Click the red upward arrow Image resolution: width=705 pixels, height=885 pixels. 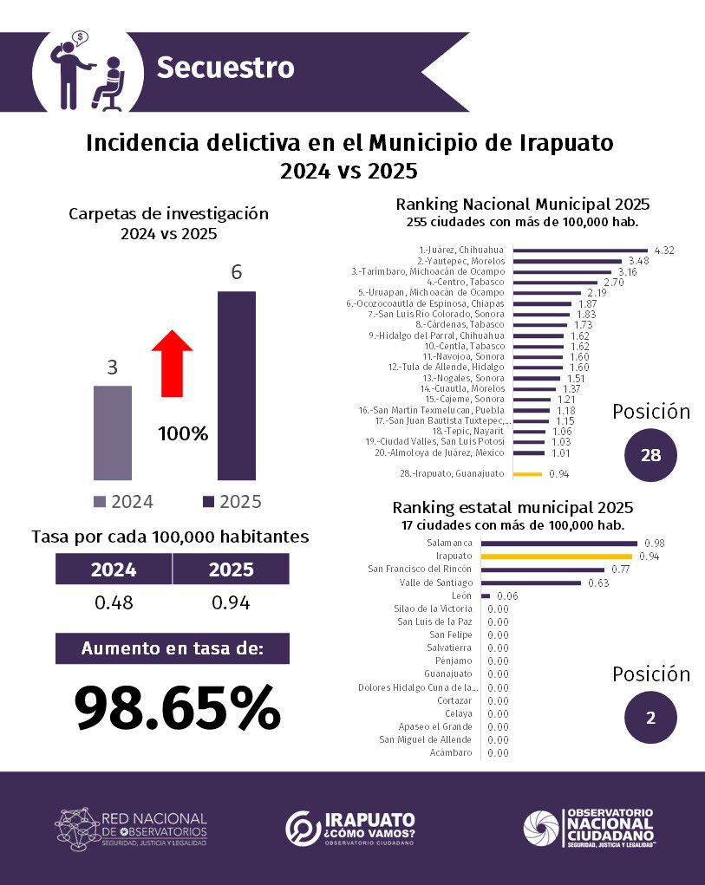click(x=172, y=362)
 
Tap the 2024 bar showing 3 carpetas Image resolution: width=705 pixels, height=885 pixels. click(x=112, y=432)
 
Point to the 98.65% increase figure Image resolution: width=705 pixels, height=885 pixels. click(x=178, y=707)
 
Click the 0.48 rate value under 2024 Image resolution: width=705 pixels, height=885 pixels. click(x=113, y=602)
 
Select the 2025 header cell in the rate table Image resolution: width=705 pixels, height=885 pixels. click(x=231, y=569)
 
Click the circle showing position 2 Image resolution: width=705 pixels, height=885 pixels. click(x=651, y=718)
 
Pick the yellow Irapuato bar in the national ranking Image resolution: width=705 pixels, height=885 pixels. click(x=527, y=474)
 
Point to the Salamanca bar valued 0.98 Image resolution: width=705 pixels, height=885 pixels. click(x=558, y=543)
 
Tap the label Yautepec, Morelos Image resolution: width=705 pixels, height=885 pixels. click(x=461, y=261)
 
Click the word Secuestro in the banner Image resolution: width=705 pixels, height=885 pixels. click(x=225, y=68)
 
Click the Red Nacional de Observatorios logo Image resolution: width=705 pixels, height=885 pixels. click(x=131, y=828)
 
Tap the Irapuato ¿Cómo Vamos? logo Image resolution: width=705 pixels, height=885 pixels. click(x=351, y=828)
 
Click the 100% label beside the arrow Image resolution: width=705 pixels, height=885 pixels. click(x=183, y=433)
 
